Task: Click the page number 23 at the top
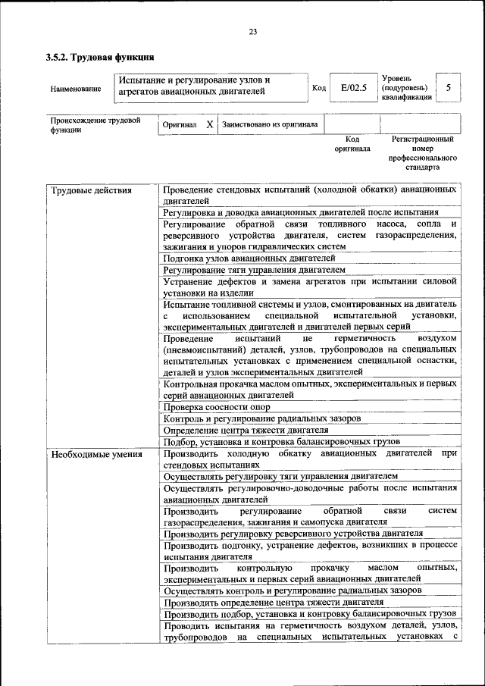point(252,31)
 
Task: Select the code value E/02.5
point(353,88)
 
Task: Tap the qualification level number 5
point(448,88)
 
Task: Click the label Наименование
point(76,89)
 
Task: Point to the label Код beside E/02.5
point(319,88)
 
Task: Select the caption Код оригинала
point(352,144)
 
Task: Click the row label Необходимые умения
point(96,455)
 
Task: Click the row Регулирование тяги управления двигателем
point(254,270)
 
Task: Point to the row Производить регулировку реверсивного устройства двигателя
point(293,534)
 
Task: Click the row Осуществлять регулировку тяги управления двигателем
point(280,476)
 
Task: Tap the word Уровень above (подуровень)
point(397,78)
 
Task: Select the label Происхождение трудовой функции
point(95,124)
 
